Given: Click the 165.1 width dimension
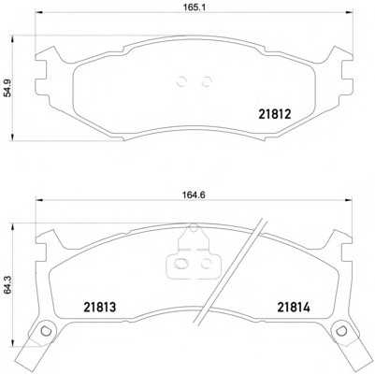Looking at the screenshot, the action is coord(195,7).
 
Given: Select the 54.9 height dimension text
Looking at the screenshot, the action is coord(7,88).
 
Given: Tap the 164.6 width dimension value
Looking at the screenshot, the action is coord(194,194).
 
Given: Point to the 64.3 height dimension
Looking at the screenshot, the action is coord(7,287).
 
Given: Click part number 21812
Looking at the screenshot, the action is coord(275,114).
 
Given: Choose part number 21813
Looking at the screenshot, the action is coord(99,308).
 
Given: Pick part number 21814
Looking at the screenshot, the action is coord(294,308).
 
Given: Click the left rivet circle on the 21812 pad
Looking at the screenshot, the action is coord(181,81).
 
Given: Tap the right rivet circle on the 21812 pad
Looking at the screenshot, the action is coord(207,81).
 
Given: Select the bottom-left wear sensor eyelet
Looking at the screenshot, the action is coord(46,330).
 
